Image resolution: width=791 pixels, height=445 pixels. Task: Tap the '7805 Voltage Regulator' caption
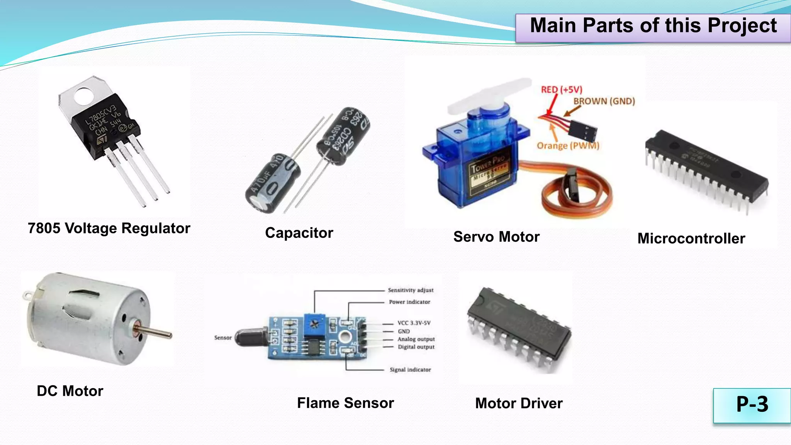click(x=109, y=228)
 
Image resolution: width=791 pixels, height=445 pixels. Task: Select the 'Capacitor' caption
click(x=299, y=233)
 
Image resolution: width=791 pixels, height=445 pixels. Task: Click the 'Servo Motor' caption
click(x=496, y=237)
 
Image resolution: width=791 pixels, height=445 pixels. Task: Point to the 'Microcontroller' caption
click(x=691, y=239)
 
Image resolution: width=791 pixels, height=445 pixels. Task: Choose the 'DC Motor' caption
click(x=70, y=391)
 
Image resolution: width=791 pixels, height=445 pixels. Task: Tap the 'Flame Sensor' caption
click(x=345, y=403)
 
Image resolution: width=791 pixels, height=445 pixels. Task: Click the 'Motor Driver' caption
click(x=519, y=403)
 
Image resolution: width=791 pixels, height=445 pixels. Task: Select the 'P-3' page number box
click(x=752, y=405)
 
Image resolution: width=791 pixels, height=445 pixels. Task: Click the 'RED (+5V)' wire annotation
click(x=561, y=90)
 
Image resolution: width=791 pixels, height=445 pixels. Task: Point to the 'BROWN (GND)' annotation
click(x=604, y=101)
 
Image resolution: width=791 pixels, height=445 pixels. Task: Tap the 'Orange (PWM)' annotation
click(x=568, y=146)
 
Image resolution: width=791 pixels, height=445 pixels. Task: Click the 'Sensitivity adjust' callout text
click(x=411, y=290)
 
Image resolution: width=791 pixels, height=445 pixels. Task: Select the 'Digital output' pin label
click(x=416, y=347)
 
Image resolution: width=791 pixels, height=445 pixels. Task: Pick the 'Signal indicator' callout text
click(x=410, y=370)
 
